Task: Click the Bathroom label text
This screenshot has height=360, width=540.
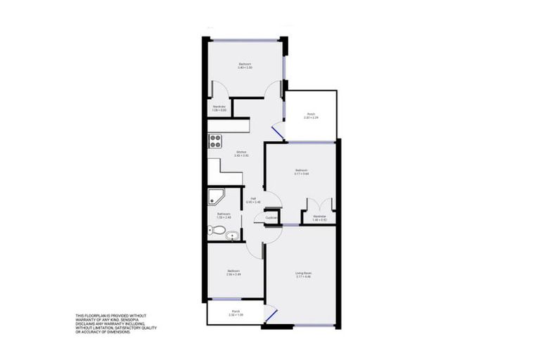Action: tap(224, 214)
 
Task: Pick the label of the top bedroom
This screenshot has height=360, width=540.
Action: tap(245, 65)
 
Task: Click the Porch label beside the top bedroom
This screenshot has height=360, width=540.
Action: tap(309, 115)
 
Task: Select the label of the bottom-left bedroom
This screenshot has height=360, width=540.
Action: tap(233, 271)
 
